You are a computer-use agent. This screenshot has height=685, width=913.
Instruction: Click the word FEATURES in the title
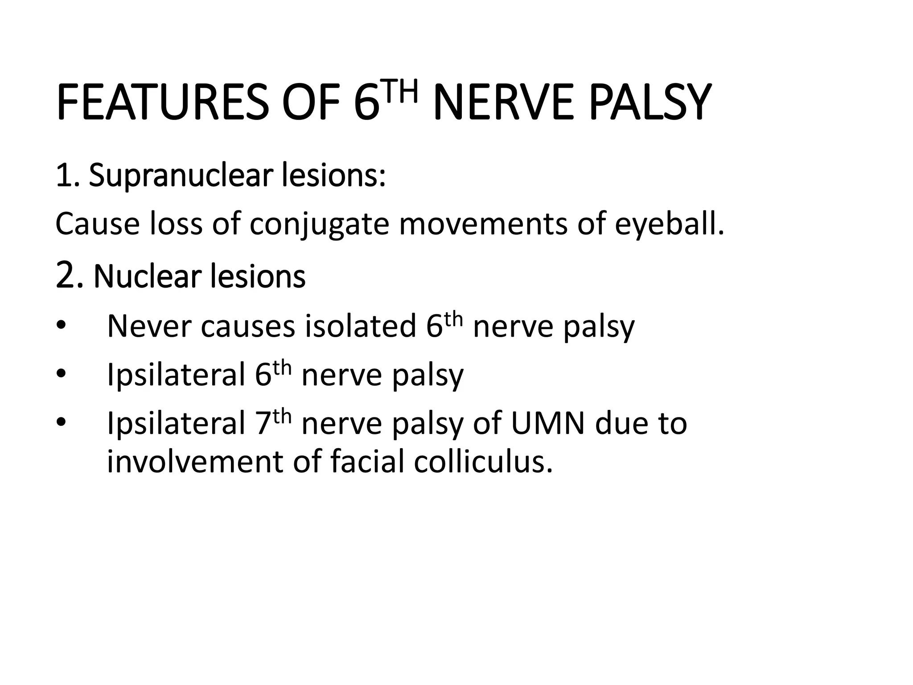163,103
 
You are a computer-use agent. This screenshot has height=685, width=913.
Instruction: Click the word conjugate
319,224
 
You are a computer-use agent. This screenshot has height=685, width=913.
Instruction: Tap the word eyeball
669,224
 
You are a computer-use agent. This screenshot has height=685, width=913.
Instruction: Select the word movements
483,224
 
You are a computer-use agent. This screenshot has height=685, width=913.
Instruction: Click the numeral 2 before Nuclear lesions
65,276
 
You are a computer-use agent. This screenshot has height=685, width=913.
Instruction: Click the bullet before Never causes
61,326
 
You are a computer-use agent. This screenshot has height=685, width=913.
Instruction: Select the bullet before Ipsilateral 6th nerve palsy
61,375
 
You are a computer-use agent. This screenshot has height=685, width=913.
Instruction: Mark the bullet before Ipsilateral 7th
61,422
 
